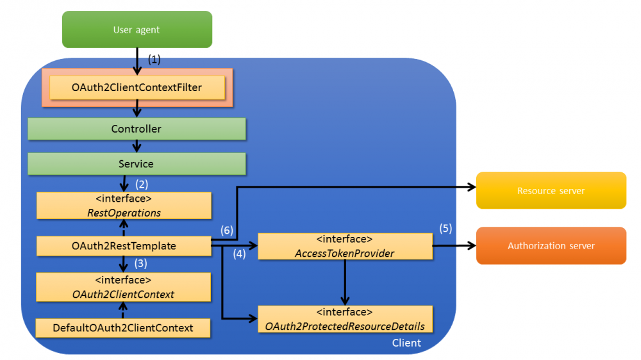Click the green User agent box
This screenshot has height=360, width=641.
[x=137, y=29]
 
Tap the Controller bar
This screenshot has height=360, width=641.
[x=137, y=129]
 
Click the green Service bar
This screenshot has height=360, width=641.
[x=137, y=164]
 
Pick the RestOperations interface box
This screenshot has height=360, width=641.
[x=124, y=205]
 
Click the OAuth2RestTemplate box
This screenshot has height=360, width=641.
[x=124, y=245]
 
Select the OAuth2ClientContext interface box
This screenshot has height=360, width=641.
[x=124, y=286]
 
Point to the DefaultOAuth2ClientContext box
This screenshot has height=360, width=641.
[x=123, y=327]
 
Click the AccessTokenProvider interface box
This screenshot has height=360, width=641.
[x=345, y=246]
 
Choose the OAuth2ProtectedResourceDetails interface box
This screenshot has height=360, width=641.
[x=345, y=319]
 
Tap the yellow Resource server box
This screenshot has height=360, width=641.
[x=551, y=190]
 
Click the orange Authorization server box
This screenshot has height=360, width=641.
[x=551, y=245]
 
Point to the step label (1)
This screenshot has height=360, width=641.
[x=154, y=58]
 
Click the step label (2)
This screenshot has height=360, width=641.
[x=142, y=184]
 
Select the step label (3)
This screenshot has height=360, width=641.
[x=142, y=263]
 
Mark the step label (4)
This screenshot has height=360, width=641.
[x=239, y=253]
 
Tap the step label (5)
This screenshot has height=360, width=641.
[x=445, y=228]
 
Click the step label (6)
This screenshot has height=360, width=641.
[x=227, y=229]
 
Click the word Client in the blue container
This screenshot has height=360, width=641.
[x=406, y=343]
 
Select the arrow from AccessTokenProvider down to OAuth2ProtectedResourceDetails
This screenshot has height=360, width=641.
[x=345, y=282]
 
